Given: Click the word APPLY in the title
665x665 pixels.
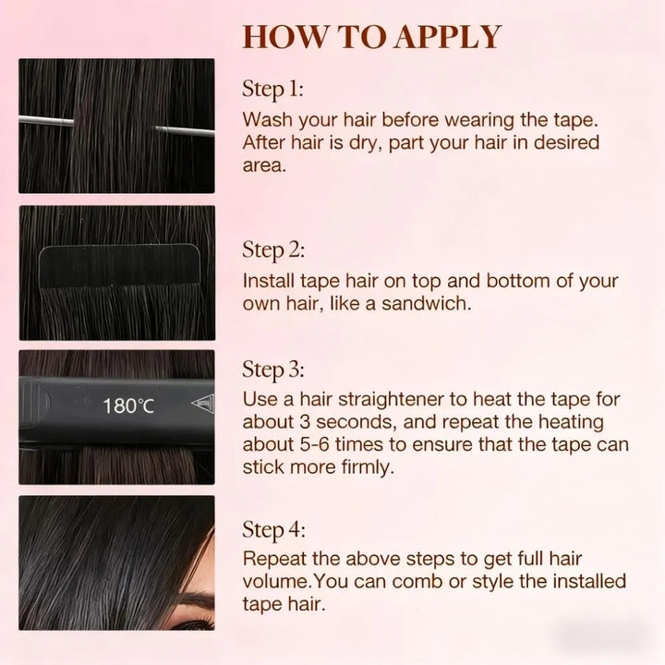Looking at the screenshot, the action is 448,37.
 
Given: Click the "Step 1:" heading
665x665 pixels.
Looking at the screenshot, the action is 272,90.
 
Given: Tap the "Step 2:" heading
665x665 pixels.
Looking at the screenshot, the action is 273,250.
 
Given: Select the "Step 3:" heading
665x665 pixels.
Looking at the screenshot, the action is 273,369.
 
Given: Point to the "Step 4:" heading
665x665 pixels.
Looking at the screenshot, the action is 273,530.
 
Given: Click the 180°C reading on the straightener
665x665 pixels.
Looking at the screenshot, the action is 128,405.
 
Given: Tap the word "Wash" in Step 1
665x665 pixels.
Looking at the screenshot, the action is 267,119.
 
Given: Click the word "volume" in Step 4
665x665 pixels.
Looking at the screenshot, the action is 275,581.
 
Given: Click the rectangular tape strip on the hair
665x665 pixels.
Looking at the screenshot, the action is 119,266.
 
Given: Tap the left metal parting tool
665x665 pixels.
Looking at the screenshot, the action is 46,120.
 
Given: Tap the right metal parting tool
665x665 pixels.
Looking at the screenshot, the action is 185,130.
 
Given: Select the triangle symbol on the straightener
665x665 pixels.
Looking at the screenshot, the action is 202,403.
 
